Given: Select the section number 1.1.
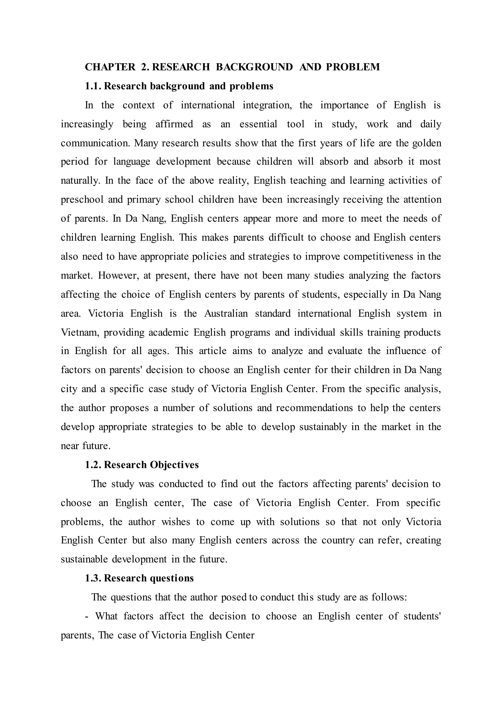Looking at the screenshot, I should click(x=93, y=86).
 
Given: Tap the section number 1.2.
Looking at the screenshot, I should click(x=93, y=465).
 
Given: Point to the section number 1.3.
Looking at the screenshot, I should click(x=93, y=578).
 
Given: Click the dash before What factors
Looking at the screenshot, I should click(x=87, y=616).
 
